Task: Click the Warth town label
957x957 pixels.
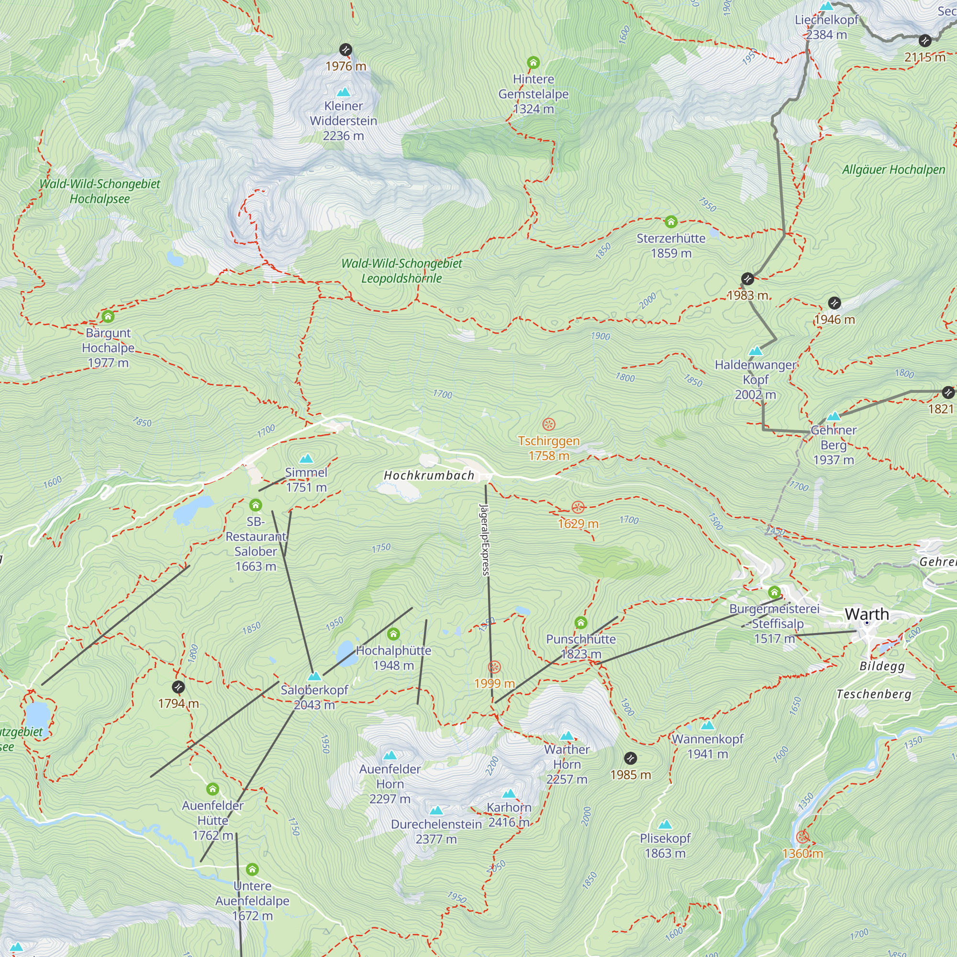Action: tap(867, 614)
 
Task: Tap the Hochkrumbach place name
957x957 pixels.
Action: tap(429, 476)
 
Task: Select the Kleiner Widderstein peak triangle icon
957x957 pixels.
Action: tap(343, 92)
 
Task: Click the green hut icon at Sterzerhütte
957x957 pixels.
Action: tap(671, 222)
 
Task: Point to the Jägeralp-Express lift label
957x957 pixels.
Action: tap(484, 540)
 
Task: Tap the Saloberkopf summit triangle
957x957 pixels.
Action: tap(314, 676)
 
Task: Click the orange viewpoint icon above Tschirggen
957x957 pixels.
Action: tap(548, 424)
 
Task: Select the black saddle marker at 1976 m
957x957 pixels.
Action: tap(346, 50)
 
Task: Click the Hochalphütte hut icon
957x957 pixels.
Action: tap(393, 634)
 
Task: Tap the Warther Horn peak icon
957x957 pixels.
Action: tap(567, 735)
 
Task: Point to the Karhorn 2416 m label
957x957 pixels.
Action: tap(509, 815)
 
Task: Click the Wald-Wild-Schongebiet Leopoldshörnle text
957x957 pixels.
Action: tap(401, 271)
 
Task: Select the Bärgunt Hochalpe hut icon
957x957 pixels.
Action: tap(108, 316)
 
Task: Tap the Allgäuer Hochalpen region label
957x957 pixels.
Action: tap(893, 170)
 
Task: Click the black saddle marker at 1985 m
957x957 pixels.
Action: tap(630, 758)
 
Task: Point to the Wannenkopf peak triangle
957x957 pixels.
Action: tap(707, 725)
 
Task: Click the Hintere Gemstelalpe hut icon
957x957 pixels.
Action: tap(533, 62)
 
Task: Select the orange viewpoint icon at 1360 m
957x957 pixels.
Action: tap(802, 837)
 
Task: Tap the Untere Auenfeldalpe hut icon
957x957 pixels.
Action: tap(252, 869)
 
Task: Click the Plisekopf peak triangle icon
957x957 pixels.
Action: tap(665, 824)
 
